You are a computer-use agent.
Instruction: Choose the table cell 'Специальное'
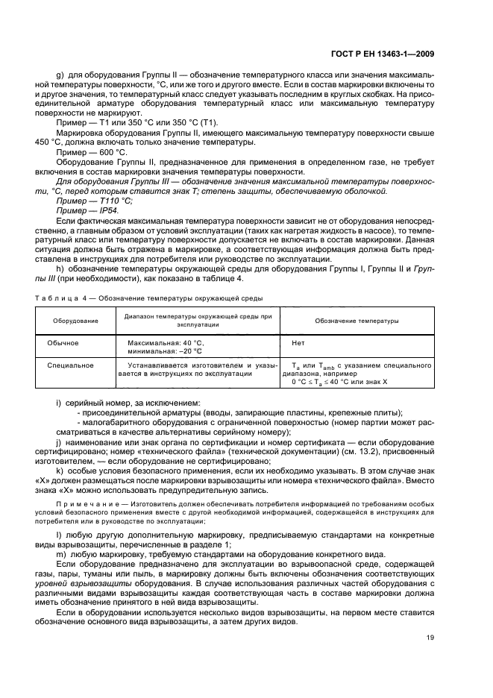tap(70, 365)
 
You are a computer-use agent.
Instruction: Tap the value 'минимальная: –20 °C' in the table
tap(161, 350)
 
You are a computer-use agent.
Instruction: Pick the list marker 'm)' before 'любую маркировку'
tap(61, 554)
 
